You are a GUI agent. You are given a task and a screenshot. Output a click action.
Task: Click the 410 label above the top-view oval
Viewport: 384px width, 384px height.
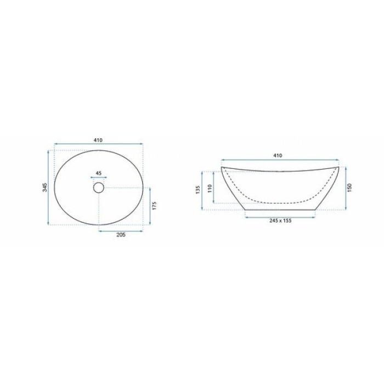98,140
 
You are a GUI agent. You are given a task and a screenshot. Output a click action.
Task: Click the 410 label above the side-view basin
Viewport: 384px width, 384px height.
278,155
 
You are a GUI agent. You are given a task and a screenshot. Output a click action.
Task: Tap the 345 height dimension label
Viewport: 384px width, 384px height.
45,188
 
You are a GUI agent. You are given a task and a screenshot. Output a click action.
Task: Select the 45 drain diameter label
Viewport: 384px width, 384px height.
98,173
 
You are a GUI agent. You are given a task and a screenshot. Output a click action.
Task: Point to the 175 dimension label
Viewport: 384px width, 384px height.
154,206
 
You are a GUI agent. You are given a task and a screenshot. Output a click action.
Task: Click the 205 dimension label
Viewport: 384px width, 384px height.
121,235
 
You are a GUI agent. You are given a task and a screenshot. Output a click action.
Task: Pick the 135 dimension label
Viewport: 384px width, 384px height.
198,190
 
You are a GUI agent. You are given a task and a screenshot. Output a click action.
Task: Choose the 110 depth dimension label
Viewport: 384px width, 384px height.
210,189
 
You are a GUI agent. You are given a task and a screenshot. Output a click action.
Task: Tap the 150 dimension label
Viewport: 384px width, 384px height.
349,188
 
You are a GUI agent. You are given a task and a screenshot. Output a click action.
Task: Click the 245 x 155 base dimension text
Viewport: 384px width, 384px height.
280,221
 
